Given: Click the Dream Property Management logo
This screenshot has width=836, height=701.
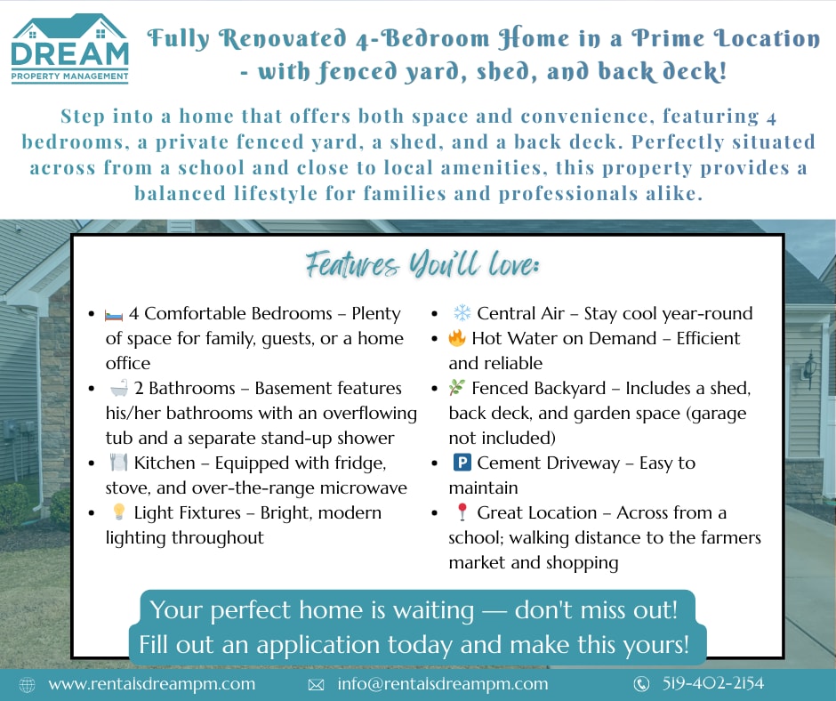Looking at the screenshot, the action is point(70,49).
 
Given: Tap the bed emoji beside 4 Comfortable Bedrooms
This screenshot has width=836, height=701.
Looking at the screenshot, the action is point(114,315).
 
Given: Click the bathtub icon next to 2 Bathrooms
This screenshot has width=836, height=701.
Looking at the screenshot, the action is point(119,388).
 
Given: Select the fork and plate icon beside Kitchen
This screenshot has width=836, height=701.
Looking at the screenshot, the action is point(118,462).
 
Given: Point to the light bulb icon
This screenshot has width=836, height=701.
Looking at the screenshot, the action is point(119,512).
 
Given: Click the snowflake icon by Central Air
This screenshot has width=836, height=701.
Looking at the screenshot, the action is point(462,312).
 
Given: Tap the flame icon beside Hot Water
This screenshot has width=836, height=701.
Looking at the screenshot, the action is point(457,338).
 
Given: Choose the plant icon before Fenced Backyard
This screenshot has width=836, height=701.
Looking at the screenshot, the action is point(457,387).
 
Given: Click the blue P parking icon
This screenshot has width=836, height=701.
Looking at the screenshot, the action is point(462,462).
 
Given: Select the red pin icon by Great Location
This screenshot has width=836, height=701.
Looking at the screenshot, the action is point(462,512).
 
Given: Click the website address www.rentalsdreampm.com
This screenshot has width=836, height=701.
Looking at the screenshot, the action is point(152,684).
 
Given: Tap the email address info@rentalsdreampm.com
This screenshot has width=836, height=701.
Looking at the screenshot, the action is point(443,684).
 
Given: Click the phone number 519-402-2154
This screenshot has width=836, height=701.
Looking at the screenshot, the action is point(713,683).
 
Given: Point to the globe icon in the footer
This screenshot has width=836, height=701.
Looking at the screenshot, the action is point(28,684).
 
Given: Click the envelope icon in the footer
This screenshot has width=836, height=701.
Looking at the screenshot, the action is point(316,684).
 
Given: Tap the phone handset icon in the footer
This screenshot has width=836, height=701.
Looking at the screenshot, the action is point(641,684).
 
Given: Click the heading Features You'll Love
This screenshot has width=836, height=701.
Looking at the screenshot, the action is point(422,264).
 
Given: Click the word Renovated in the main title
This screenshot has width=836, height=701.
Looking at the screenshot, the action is point(283,39).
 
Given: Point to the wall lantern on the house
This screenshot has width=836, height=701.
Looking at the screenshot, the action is point(810,368).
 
